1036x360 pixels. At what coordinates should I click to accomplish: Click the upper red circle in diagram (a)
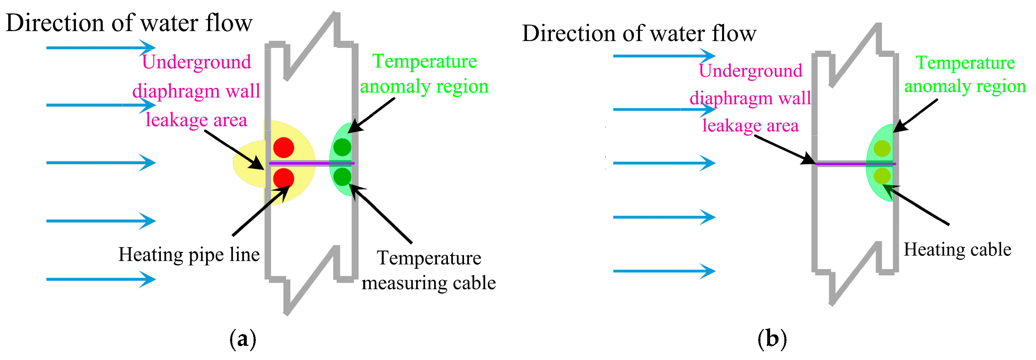pyautogui.click(x=284, y=147)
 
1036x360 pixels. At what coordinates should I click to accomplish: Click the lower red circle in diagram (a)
pyautogui.click(x=284, y=178)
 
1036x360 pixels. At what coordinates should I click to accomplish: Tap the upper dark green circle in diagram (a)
pyautogui.click(x=342, y=147)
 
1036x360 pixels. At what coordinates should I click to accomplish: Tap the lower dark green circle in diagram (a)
pyautogui.click(x=342, y=176)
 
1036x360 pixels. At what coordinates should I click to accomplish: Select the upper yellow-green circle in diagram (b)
pyautogui.click(x=882, y=148)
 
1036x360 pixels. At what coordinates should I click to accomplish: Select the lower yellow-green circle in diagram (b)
pyautogui.click(x=882, y=176)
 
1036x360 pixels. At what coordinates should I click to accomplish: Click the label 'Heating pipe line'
pyautogui.click(x=189, y=255)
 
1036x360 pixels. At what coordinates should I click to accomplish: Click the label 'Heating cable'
pyautogui.click(x=957, y=249)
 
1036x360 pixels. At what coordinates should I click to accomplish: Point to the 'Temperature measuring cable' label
pyautogui.click(x=428, y=270)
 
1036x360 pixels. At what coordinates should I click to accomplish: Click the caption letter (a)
pyautogui.click(x=243, y=339)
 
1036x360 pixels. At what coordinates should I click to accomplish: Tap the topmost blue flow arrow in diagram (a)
pyautogui.click(x=101, y=48)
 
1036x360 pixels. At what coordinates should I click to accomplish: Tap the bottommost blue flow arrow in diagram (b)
pyautogui.click(x=664, y=271)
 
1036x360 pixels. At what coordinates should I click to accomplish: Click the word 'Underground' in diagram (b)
pyautogui.click(x=750, y=71)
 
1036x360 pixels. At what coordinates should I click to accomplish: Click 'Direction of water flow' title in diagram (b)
pyautogui.click(x=639, y=33)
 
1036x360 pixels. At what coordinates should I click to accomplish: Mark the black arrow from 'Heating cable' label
pyautogui.click(x=917, y=205)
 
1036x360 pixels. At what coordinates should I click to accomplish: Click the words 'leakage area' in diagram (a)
pyautogui.click(x=196, y=120)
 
